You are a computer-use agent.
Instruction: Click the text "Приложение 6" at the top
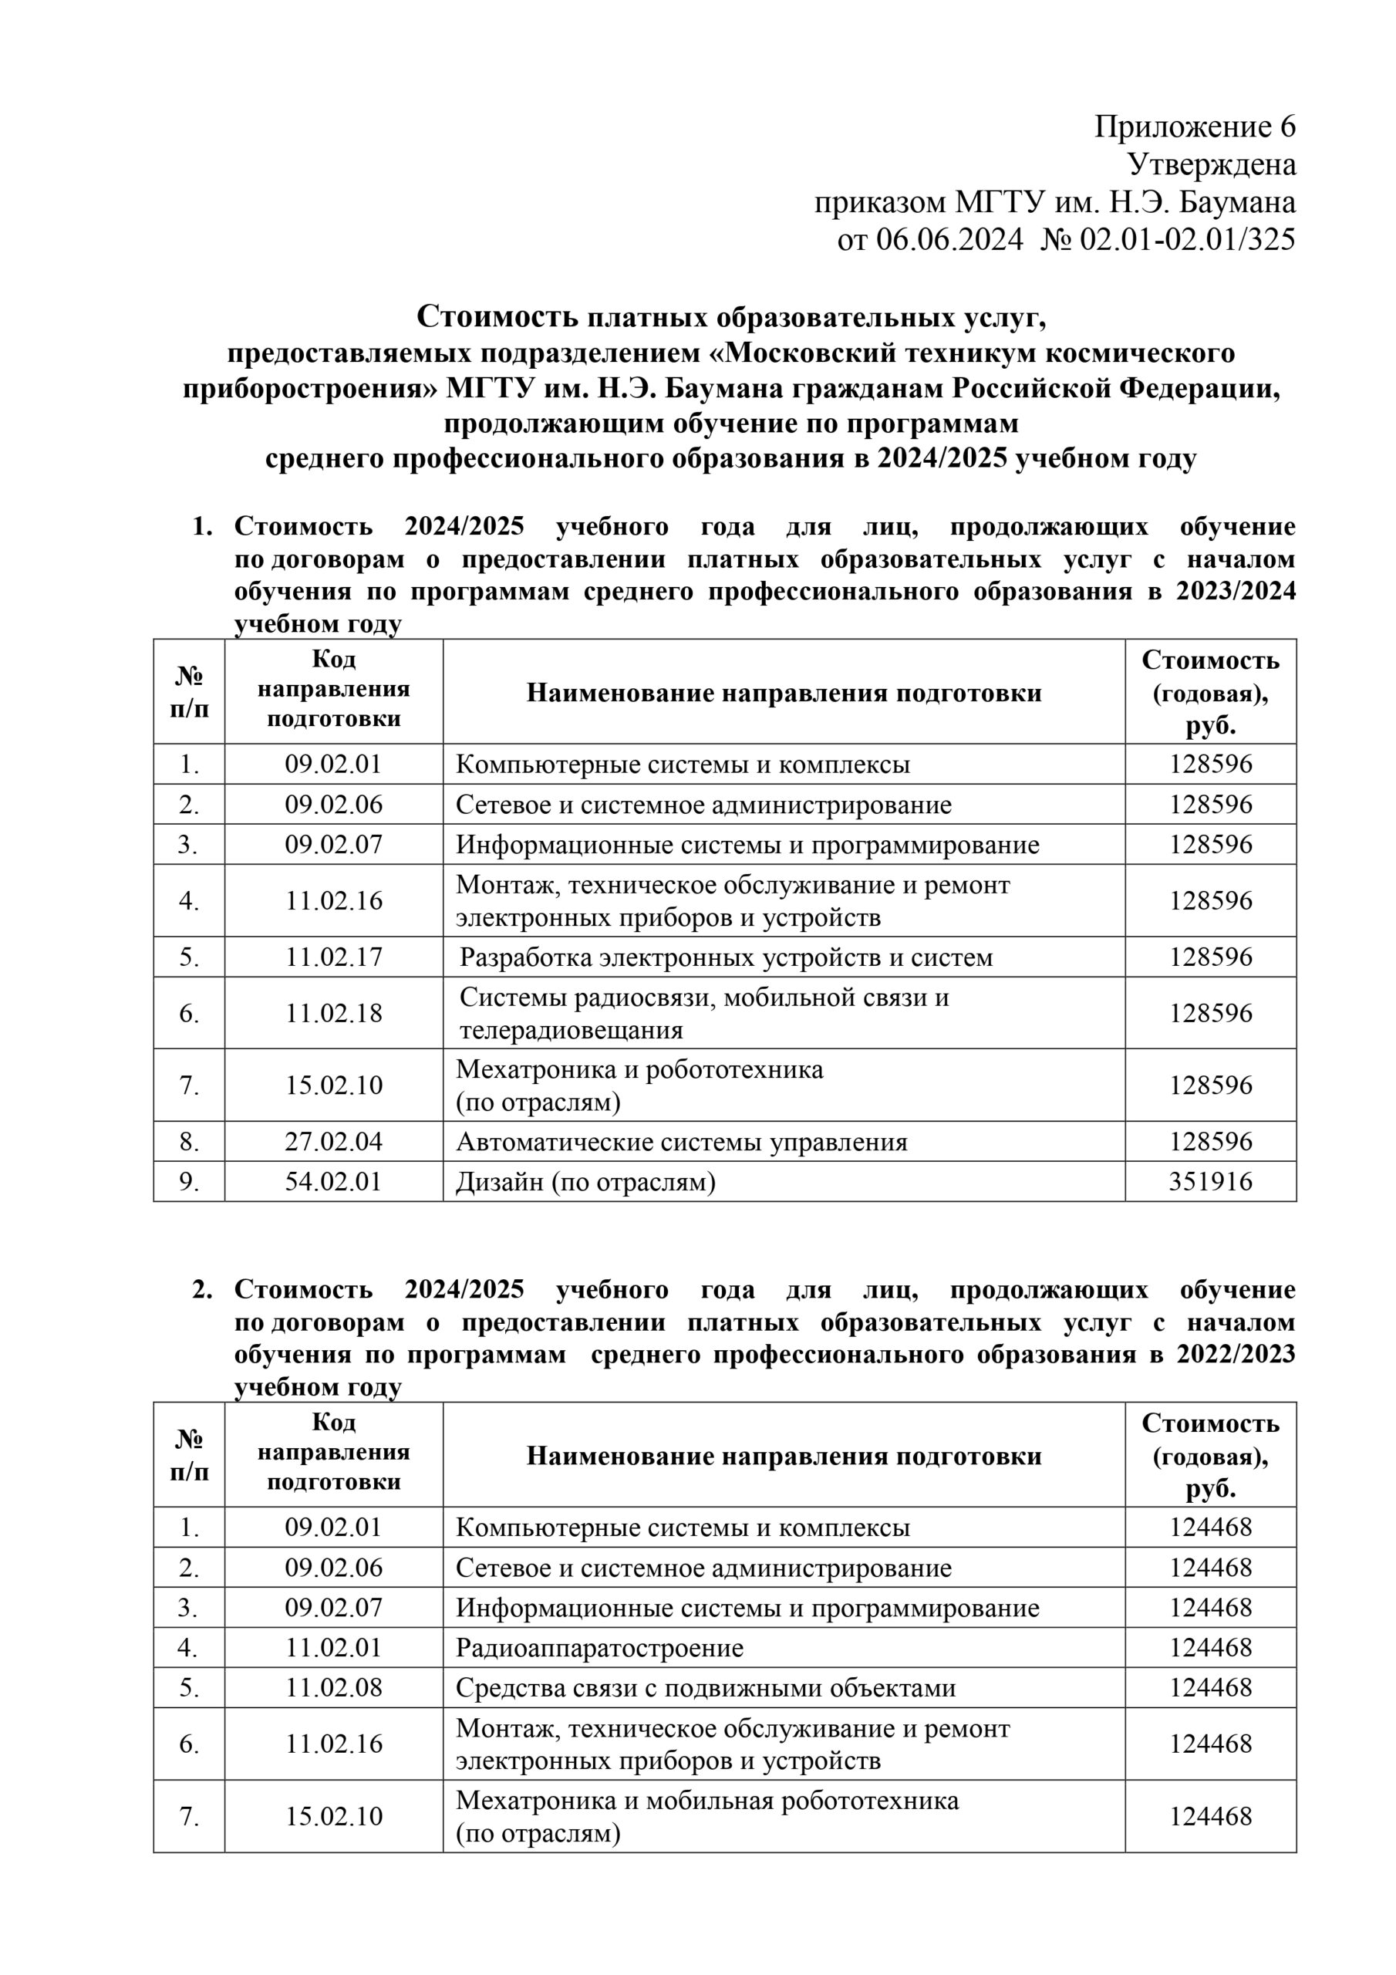tap(1194, 127)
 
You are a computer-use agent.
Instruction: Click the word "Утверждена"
tap(1211, 164)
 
